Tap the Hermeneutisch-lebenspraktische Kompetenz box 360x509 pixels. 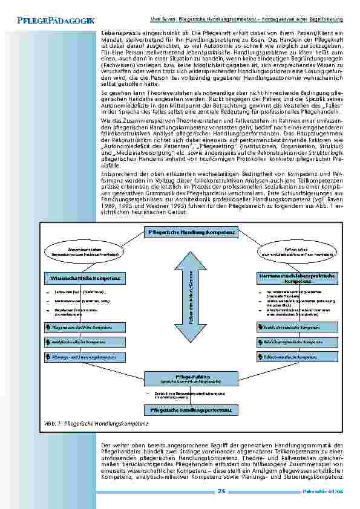[x=297, y=278]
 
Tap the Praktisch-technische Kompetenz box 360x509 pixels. [x=297, y=327]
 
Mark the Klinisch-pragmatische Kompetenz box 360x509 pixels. [x=297, y=342]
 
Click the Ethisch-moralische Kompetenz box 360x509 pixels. [x=297, y=357]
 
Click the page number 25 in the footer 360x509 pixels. [x=221, y=491]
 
